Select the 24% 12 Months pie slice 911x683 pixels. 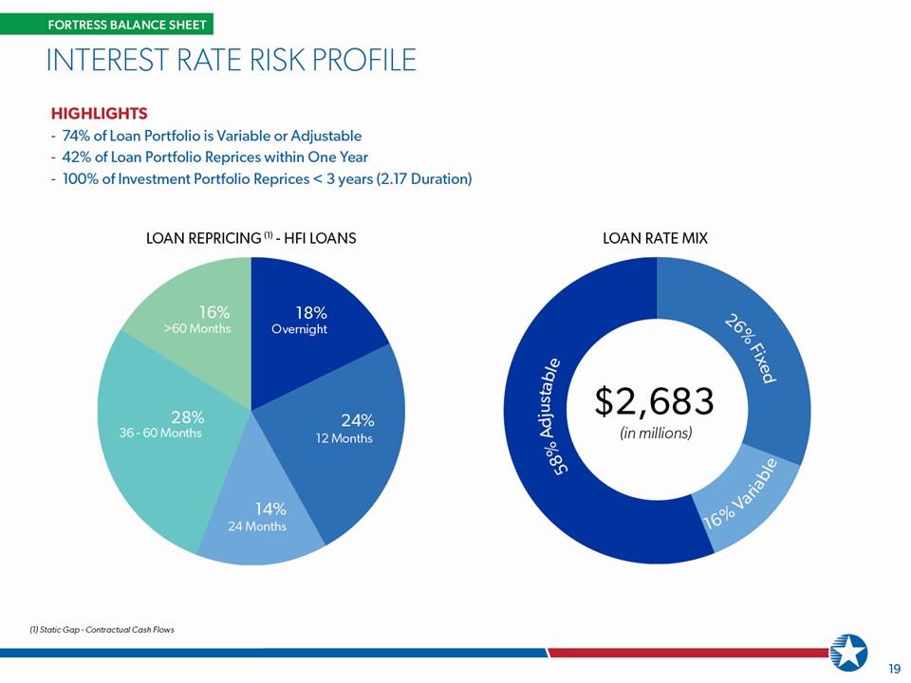(343, 435)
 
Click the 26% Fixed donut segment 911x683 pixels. (755, 348)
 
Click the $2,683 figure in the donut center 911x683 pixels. (654, 402)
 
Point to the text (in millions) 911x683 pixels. (656, 434)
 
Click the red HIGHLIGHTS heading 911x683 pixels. (100, 113)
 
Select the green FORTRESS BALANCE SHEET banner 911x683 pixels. (107, 25)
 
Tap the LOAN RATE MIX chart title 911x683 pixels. (656, 238)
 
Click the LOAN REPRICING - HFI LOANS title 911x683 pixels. (251, 238)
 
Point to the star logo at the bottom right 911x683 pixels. (848, 652)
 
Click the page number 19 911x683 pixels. (895, 668)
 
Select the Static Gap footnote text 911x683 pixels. (102, 630)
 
